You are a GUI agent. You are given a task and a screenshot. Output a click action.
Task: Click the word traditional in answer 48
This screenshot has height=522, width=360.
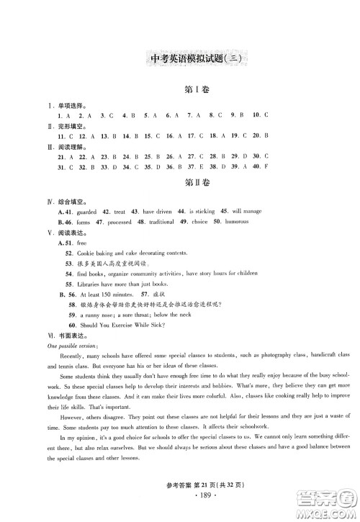tap(168, 222)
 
